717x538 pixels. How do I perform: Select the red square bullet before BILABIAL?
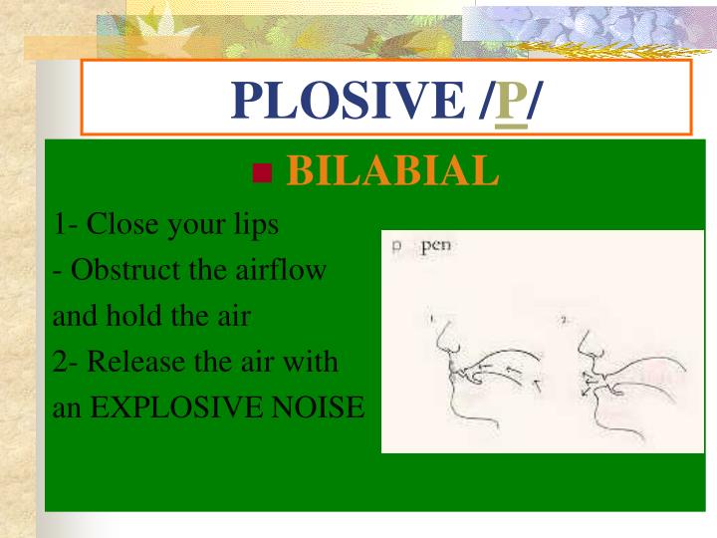263,174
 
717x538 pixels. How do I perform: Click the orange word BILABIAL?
392,172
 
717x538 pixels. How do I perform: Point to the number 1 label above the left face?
432,319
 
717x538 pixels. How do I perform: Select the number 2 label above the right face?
565,319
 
